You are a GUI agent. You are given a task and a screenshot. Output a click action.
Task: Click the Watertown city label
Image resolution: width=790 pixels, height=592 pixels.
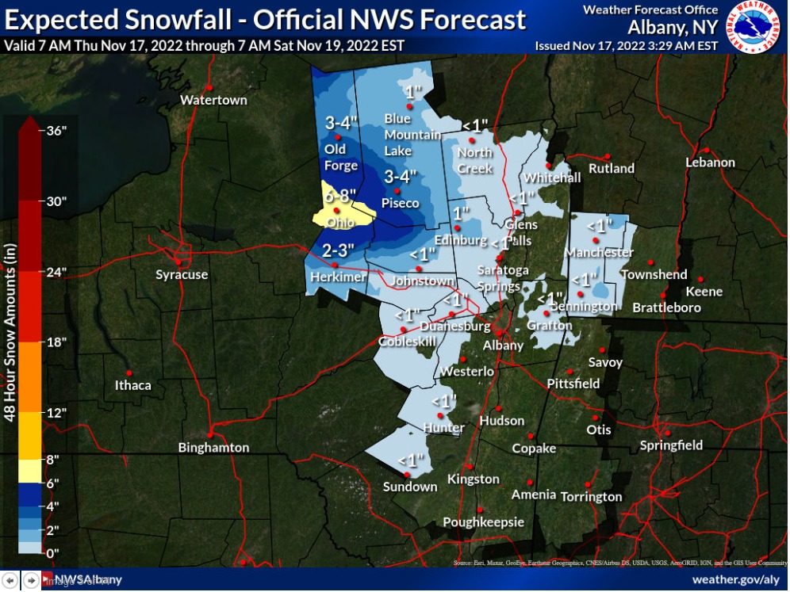coord(213,100)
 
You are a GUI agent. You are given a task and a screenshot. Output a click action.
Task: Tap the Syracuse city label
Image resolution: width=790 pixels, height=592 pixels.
coord(182,275)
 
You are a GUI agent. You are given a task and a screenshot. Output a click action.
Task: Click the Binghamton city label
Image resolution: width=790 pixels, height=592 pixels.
coord(213,448)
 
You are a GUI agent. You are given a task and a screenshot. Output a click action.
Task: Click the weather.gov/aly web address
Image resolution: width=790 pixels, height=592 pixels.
coord(735,579)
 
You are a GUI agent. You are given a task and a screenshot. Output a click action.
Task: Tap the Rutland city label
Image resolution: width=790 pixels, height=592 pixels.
coord(611,168)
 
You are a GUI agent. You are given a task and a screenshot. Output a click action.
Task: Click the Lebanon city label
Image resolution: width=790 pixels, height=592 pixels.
coord(710,162)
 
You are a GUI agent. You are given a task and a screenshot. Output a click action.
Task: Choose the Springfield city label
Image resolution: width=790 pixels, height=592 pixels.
coord(671,445)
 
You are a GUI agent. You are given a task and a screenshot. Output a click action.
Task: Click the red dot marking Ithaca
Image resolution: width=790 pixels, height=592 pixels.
coord(129,372)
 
